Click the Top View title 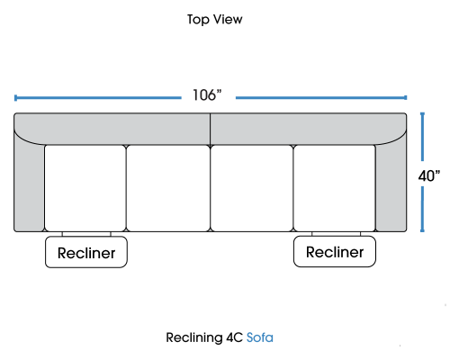215,20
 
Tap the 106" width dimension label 207,95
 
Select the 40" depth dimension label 429,175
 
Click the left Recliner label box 86,252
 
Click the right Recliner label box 335,251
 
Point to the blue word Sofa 260,337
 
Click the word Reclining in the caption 194,338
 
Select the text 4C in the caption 234,337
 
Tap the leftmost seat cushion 85,188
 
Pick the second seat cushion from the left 168,188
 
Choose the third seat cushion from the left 252,188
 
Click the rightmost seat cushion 335,188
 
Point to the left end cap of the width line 15,98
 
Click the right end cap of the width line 405,97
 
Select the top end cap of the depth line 422,113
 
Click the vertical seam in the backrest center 211,130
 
